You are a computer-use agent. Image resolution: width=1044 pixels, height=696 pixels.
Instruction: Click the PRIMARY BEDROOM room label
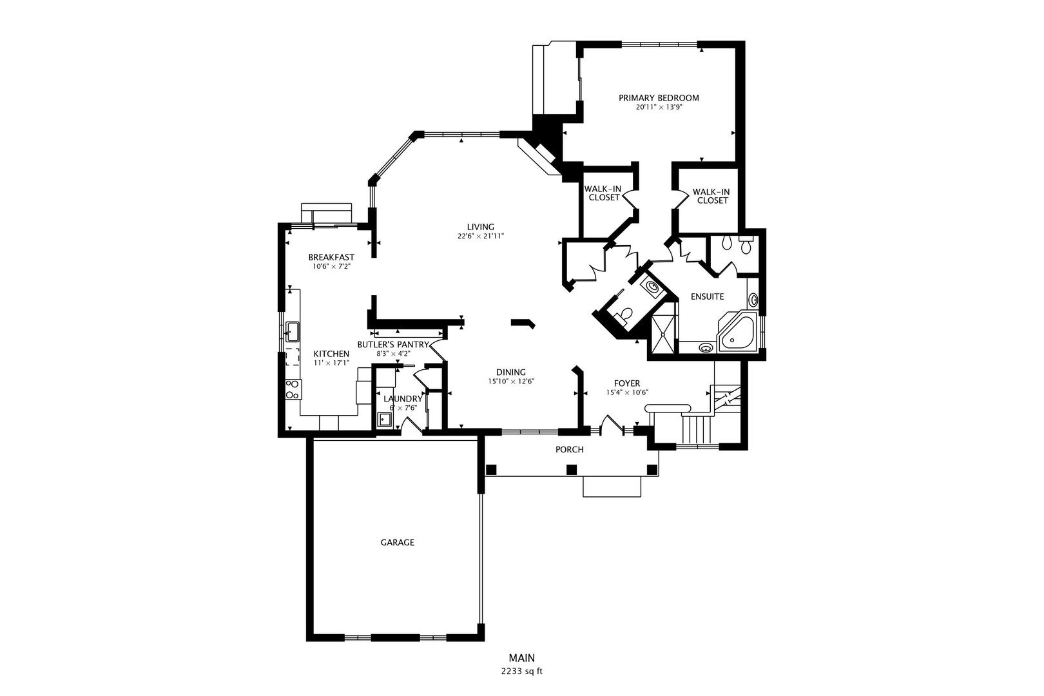point(659,98)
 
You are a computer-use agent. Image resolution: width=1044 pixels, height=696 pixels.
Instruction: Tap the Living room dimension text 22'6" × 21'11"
point(481,237)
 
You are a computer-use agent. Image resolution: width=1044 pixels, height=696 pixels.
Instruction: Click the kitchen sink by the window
point(293,332)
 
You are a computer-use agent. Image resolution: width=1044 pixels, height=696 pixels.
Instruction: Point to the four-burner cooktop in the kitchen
point(293,389)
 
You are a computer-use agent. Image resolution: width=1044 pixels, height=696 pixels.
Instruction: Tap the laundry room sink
point(385,420)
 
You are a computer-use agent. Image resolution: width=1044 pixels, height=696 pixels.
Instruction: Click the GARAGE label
point(397,543)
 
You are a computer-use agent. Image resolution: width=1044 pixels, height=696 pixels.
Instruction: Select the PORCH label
point(570,449)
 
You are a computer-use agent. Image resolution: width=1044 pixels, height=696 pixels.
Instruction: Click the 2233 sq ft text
point(522,671)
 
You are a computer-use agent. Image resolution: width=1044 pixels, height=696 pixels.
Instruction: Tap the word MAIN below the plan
point(522,658)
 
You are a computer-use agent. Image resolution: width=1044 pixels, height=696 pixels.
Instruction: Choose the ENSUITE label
point(708,297)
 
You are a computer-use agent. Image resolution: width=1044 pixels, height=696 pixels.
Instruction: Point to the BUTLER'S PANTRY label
point(393,344)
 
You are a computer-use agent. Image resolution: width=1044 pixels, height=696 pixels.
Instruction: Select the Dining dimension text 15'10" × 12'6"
point(511,382)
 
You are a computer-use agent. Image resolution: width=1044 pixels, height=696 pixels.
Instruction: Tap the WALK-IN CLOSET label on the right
point(711,196)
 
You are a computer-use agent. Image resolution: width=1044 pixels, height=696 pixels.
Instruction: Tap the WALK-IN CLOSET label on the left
point(603,193)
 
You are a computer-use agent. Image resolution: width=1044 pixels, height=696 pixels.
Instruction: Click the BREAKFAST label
point(331,257)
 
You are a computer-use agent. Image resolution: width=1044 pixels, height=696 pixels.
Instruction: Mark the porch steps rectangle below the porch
point(612,487)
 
